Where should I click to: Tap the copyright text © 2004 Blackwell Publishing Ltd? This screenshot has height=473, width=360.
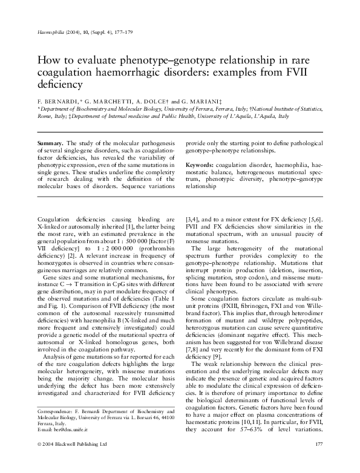point(72,460)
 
